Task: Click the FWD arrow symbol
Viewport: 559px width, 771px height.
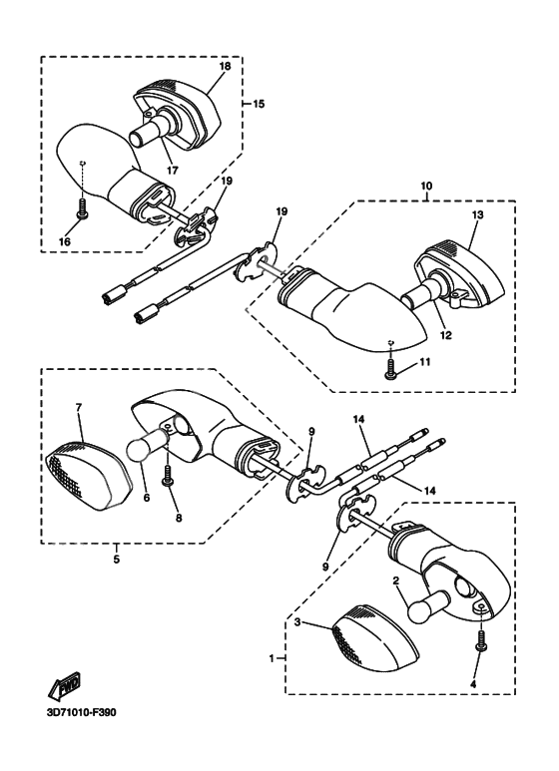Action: point(64,684)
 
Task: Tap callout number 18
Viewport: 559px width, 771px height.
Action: point(225,67)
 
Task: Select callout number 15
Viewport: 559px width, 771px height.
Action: point(259,104)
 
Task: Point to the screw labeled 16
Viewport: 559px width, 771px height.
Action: point(81,209)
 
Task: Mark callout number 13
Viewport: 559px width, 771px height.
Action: point(477,214)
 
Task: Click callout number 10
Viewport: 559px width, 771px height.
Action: point(426,186)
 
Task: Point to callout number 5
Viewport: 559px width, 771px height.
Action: point(116,560)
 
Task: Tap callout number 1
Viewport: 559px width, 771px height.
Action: point(272,658)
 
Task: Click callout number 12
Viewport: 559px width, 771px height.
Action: point(446,336)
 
